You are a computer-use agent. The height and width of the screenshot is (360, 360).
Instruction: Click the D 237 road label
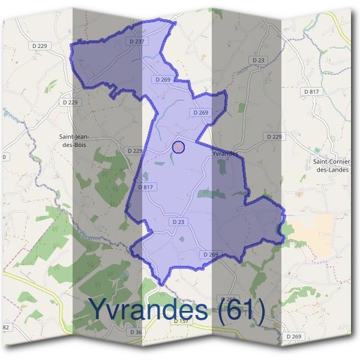click(137, 41)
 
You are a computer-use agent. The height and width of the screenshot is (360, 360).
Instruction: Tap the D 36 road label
click(136, 332)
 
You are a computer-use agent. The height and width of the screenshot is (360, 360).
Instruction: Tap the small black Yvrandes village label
click(225, 154)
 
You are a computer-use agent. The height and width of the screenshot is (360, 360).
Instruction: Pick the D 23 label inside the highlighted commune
click(179, 222)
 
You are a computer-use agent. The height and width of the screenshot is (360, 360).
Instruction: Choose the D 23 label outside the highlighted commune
click(259, 61)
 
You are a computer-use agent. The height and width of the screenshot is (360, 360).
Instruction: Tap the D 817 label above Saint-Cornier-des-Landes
click(311, 91)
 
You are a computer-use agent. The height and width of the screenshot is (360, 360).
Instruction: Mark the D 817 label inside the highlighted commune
click(146, 187)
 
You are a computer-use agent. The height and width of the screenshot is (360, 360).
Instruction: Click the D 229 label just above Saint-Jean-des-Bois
click(70, 103)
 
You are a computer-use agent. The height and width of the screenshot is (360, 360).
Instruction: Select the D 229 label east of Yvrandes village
click(273, 137)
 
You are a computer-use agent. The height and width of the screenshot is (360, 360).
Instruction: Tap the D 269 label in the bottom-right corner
click(294, 337)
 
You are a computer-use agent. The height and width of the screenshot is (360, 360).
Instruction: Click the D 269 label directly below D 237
click(163, 79)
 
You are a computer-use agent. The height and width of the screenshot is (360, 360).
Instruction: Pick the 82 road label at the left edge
click(6, 327)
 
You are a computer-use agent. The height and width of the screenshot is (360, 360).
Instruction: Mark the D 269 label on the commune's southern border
click(211, 254)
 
